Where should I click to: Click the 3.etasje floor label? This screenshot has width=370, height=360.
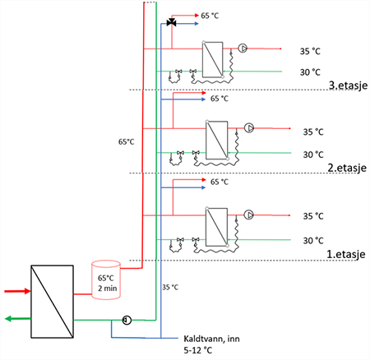pyautogui.click(x=348, y=85)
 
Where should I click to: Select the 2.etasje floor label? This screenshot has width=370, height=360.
pyautogui.click(x=347, y=168)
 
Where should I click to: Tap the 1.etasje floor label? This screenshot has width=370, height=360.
pyautogui.click(x=346, y=254)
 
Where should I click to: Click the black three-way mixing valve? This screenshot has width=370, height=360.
pyautogui.click(x=171, y=22)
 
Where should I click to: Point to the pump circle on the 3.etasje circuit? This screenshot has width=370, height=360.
pyautogui.click(x=243, y=48)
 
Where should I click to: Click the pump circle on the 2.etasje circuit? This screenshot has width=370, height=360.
pyautogui.click(x=249, y=128)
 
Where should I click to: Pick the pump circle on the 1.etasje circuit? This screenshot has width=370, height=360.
pyautogui.click(x=249, y=215)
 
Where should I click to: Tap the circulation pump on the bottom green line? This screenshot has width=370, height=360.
pyautogui.click(x=127, y=320)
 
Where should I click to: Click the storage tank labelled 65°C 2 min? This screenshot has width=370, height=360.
pyautogui.click(x=106, y=279)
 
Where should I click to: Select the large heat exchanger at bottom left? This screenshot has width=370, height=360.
pyautogui.click(x=52, y=302)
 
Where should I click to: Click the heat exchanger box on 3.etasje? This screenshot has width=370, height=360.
pyautogui.click(x=212, y=60)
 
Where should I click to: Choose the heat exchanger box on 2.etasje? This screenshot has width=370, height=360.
pyautogui.click(x=217, y=140)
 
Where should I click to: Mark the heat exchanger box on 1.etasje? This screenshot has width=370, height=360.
pyautogui.click(x=216, y=227)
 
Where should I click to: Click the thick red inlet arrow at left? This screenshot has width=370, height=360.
pyautogui.click(x=17, y=291)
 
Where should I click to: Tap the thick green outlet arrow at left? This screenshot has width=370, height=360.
pyautogui.click(x=18, y=318)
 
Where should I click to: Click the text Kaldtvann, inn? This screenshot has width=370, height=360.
pyautogui.click(x=211, y=339)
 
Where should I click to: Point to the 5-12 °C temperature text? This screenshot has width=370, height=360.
pyautogui.click(x=198, y=350)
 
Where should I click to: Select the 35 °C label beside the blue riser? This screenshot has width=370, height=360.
pyautogui.click(x=170, y=288)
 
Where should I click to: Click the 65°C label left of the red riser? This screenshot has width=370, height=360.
pyautogui.click(x=127, y=142)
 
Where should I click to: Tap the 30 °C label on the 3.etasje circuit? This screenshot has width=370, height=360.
pyautogui.click(x=310, y=72)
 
